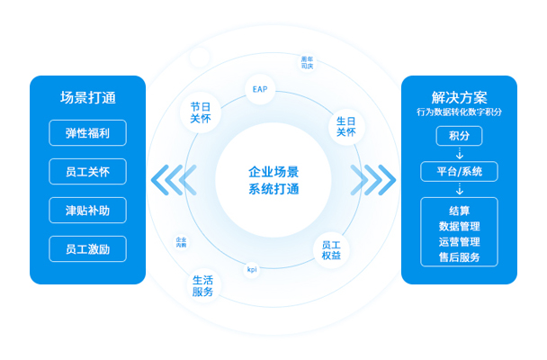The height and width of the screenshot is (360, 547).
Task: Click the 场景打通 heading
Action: click(x=88, y=98)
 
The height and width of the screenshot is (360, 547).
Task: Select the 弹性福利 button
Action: click(x=88, y=133)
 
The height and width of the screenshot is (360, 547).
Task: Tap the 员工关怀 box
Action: click(x=88, y=172)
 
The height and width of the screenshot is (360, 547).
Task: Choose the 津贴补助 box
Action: click(x=88, y=211)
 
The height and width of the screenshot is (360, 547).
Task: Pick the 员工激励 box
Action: click(x=88, y=249)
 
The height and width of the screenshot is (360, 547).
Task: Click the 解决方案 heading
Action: click(x=459, y=97)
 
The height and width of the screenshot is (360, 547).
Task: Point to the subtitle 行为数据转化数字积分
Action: click(x=459, y=112)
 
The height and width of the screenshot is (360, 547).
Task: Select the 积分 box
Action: click(x=459, y=135)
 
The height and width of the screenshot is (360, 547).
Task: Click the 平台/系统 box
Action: click(x=459, y=171)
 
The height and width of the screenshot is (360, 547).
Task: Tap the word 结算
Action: click(x=459, y=211)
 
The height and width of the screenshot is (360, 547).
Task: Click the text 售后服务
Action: click(x=459, y=257)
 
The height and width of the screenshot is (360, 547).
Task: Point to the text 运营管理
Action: click(x=459, y=242)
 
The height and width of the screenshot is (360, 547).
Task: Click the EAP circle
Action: click(x=260, y=90)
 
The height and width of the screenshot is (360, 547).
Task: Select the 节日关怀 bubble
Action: click(x=201, y=112)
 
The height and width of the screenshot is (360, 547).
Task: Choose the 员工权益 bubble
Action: click(x=331, y=249)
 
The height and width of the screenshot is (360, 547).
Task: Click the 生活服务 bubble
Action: click(x=202, y=286)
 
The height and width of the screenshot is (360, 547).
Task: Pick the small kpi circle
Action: click(x=252, y=269)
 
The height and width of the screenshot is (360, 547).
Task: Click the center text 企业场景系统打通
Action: click(x=273, y=180)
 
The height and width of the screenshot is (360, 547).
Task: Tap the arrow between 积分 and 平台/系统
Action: click(x=459, y=153)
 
